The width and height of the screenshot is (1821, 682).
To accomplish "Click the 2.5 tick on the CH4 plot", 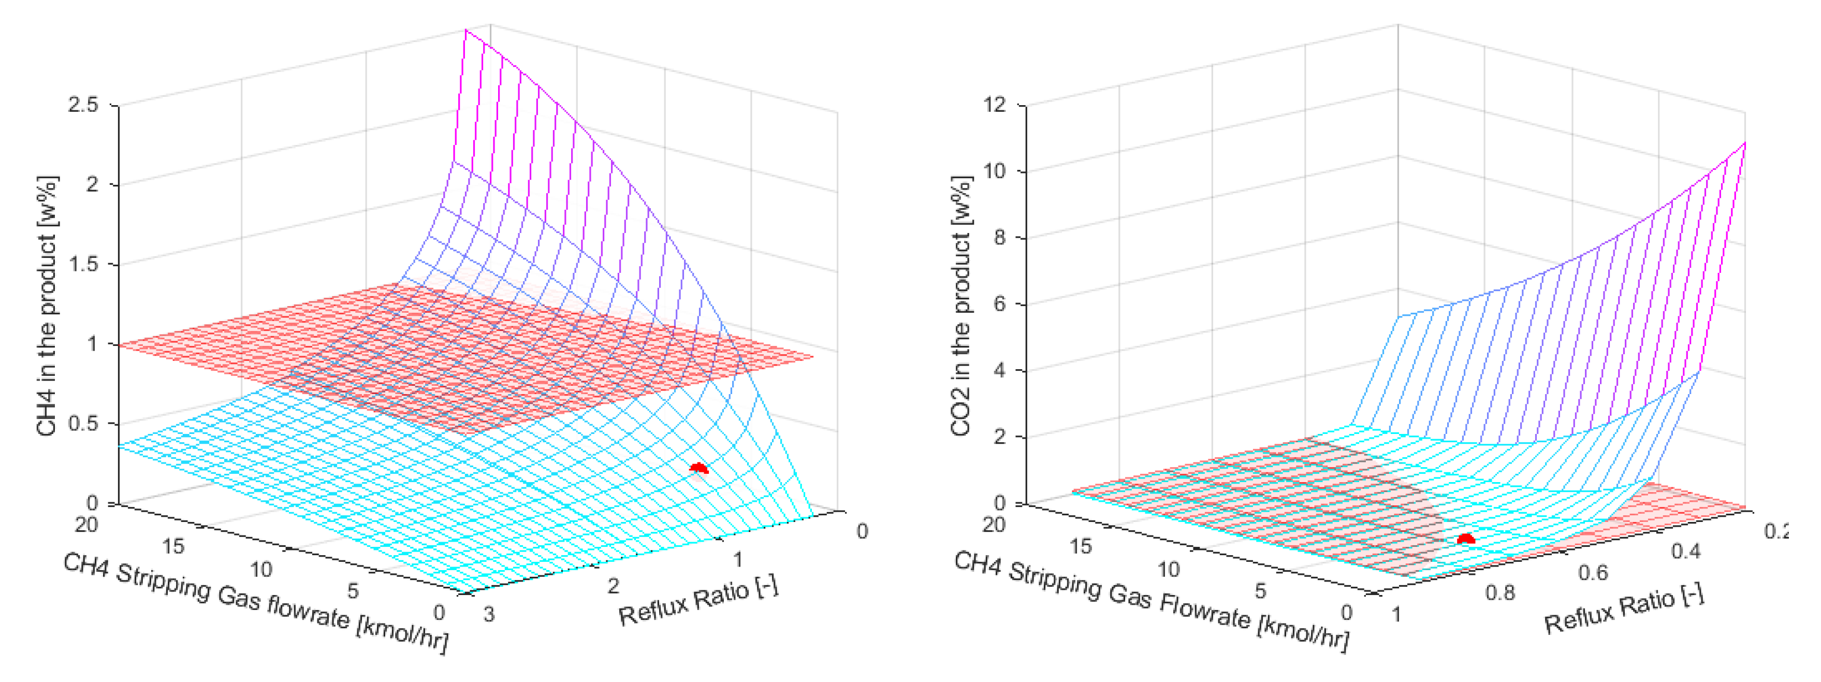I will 83,105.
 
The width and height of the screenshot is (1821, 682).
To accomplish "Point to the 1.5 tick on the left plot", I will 83,264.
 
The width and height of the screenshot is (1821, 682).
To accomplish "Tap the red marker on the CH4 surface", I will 698,468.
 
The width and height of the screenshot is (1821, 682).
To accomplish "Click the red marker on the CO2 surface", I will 1466,539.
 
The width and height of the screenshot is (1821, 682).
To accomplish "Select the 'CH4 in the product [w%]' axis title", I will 47,306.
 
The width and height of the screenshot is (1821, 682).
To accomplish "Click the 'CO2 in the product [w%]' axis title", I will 962,306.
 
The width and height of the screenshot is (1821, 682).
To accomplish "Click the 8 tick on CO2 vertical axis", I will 999,238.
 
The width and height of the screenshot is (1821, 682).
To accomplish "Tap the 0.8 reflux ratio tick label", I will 1499,593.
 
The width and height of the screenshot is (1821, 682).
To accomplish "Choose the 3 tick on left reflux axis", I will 489,614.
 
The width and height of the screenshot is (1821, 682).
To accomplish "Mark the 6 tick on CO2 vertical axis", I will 999,304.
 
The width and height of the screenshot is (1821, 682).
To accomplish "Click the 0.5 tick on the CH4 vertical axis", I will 83,423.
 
